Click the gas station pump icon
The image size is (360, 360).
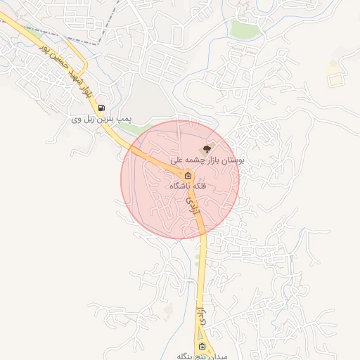tap(103, 108)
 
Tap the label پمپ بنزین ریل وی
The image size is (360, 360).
tap(102, 120)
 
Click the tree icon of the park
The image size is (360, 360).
tap(206, 149)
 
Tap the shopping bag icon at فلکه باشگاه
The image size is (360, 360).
tap(188, 175)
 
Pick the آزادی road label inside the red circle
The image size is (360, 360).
tap(191, 207)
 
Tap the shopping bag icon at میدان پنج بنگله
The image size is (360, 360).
tap(202, 347)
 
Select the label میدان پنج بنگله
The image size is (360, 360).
tap(202, 356)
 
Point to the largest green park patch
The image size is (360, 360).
tap(245, 29)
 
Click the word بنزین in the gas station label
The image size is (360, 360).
tap(103, 120)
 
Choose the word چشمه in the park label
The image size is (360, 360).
tap(193, 161)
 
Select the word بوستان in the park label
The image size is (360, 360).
tap(233, 161)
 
